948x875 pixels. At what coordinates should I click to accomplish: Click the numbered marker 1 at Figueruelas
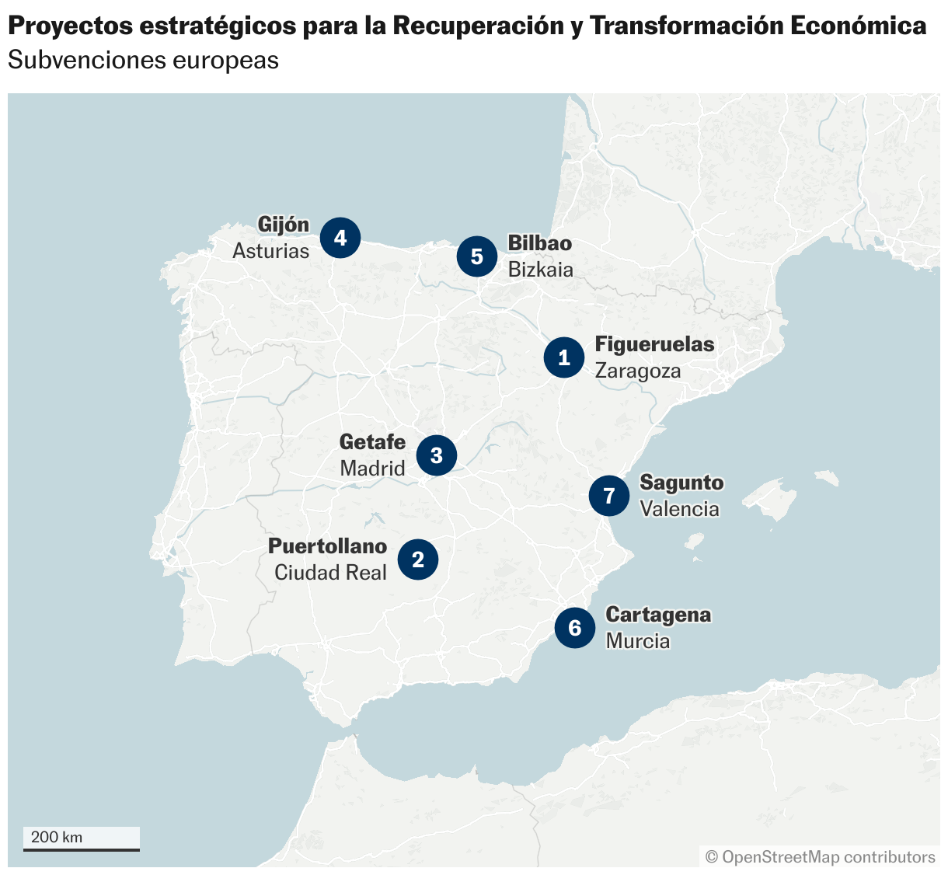564,357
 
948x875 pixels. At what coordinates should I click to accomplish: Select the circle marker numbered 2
418,560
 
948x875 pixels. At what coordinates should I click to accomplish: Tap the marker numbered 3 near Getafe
436,455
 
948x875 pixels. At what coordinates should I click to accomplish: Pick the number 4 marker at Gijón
340,237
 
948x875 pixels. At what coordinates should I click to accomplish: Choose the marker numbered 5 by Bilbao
477,256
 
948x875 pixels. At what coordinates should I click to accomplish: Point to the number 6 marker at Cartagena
575,628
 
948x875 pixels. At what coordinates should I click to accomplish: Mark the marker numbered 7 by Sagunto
609,496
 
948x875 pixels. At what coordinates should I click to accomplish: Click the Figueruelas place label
654,344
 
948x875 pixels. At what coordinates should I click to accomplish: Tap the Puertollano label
327,546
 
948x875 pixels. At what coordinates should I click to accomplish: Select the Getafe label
372,442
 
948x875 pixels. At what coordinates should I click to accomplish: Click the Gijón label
283,225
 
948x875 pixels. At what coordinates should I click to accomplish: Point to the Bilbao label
539,243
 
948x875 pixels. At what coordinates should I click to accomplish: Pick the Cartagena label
658,615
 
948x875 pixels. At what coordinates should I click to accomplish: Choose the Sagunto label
681,483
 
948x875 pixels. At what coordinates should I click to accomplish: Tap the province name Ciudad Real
330,573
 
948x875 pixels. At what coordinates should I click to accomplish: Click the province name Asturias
270,251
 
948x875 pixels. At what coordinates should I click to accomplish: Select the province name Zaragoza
638,371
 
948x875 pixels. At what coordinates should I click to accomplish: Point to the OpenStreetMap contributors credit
820,857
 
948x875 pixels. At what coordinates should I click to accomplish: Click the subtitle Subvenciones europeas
143,61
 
